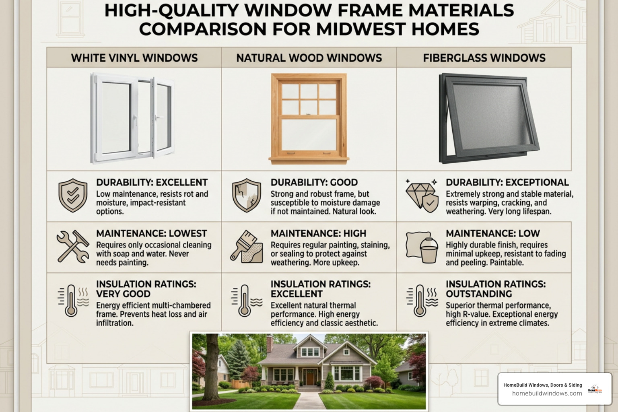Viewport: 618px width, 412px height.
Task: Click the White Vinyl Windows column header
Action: [x=134, y=58]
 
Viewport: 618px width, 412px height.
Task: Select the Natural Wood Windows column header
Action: [x=309, y=58]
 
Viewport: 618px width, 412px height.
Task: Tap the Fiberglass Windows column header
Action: [x=484, y=58]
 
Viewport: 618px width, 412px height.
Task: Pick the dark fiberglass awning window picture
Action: [x=488, y=118]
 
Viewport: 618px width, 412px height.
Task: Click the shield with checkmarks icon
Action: [x=73, y=195]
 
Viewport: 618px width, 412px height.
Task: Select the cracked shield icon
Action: [x=247, y=195]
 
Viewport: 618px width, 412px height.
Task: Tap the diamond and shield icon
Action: [x=422, y=196]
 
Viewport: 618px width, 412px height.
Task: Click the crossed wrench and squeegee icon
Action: [x=73, y=246]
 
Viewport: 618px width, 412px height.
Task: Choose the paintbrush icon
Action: [x=247, y=247]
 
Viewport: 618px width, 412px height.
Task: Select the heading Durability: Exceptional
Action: [x=507, y=182]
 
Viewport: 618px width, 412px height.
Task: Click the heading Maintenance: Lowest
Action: [x=151, y=233]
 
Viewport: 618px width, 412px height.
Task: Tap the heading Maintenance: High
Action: [x=318, y=233]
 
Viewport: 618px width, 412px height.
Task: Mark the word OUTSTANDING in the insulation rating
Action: [x=478, y=294]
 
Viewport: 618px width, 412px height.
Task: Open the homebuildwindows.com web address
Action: [x=547, y=393]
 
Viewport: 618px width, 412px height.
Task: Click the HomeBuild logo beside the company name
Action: [x=595, y=389]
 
